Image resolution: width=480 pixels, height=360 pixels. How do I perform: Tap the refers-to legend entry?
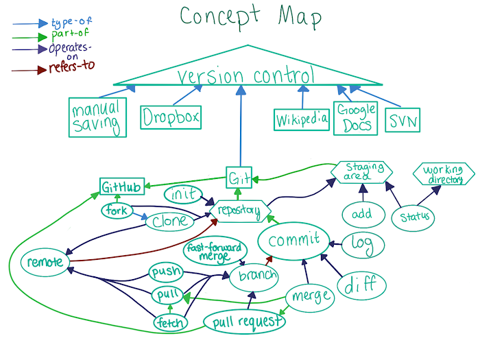pyautogui.click(x=70, y=67)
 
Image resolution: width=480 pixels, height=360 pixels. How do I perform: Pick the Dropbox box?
pyautogui.click(x=171, y=117)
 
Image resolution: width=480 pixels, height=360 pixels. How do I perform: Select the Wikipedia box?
pyautogui.click(x=302, y=121)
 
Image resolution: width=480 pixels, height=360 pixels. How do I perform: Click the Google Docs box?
pyautogui.click(x=355, y=117)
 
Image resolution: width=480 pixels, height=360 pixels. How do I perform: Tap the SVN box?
pyautogui.click(x=403, y=121)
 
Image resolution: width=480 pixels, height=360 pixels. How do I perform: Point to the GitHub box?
pyautogui.click(x=121, y=187)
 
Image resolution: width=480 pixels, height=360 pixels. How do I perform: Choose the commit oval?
pyautogui.click(x=293, y=241)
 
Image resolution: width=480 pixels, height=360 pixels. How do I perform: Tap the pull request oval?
pyautogui.click(x=245, y=321)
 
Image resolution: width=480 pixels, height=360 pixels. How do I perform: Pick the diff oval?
pyautogui.click(x=361, y=284)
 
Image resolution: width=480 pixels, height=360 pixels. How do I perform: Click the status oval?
pyautogui.click(x=414, y=217)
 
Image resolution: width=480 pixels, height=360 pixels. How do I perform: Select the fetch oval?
pyautogui.click(x=168, y=321)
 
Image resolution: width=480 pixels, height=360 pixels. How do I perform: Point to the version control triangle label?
pyautogui.click(x=245, y=75)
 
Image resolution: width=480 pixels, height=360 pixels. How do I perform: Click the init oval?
pyautogui.click(x=182, y=194)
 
